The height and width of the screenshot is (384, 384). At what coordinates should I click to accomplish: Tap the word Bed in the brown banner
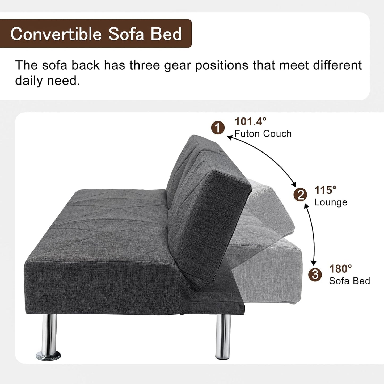coord(166,34)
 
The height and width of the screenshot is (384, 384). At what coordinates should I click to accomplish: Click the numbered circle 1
coord(218,128)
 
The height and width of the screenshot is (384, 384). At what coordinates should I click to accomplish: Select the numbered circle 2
coord(300,195)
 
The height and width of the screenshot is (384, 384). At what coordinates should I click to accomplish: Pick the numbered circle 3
coord(315,274)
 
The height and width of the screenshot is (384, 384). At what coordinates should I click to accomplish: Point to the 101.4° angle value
coord(250,121)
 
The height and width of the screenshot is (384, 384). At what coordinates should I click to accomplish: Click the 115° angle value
coord(325,190)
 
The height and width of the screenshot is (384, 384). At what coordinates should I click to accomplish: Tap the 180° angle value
coord(340,269)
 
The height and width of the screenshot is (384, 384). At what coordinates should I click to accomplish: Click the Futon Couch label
coord(263,133)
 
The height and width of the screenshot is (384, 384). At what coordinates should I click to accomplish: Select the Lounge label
coord(331,202)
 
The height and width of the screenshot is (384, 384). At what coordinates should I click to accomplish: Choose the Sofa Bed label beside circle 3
coord(349,281)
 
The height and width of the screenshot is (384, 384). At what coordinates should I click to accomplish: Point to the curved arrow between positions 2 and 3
coord(312,234)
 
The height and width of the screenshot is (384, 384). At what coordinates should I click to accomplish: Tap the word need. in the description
coord(64,81)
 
